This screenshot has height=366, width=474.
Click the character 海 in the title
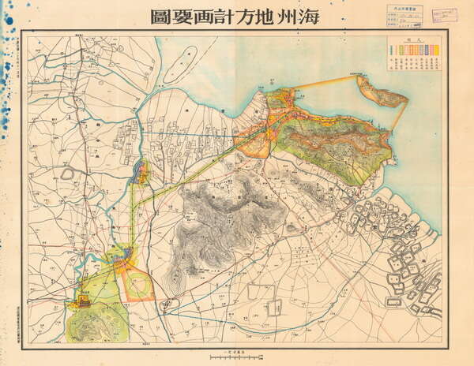[308, 16]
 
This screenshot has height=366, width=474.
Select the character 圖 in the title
[156, 16]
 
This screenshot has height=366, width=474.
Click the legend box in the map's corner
[413, 54]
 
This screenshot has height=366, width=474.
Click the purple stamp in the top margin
[444, 16]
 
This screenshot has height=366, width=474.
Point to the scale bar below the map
[236, 357]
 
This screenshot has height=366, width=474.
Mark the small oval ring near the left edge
[67, 173]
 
